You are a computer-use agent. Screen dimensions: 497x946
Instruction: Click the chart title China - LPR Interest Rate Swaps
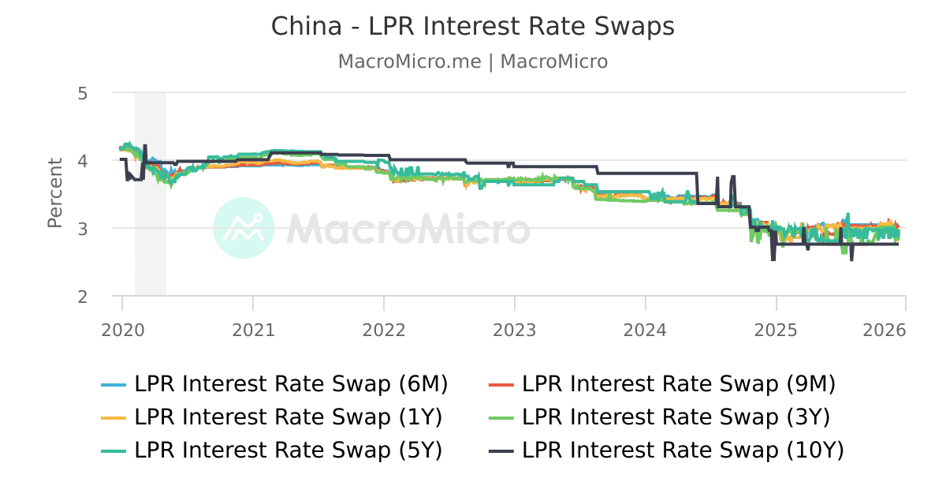(473, 27)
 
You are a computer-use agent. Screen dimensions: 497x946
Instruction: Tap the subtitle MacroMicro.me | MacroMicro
(473, 62)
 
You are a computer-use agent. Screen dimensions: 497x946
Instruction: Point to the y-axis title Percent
(54, 193)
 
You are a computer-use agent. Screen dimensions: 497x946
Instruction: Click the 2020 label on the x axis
(123, 330)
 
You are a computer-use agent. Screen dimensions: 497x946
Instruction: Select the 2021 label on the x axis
(254, 330)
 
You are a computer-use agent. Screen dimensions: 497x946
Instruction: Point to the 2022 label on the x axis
(384, 330)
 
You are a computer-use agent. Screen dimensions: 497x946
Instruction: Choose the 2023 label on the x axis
(515, 330)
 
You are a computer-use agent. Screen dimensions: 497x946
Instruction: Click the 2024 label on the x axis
(646, 330)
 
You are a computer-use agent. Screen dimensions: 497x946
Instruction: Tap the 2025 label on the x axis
(777, 330)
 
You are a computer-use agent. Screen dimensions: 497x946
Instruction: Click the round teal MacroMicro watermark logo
(244, 229)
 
